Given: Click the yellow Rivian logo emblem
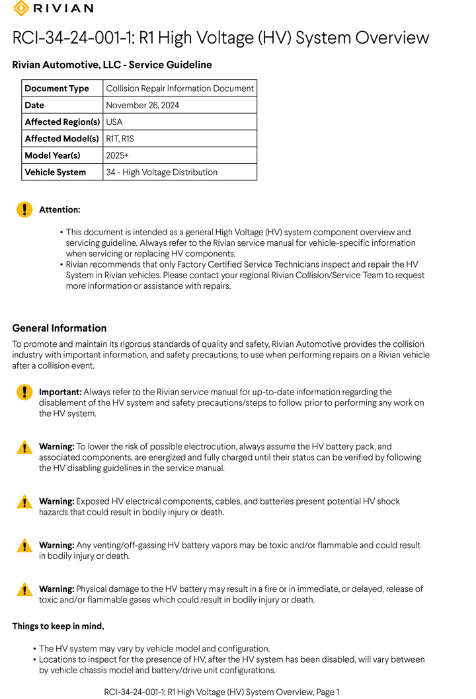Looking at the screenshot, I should [x=21, y=8].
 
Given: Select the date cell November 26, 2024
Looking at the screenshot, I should [x=142, y=105].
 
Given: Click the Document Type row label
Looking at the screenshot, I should [x=57, y=89].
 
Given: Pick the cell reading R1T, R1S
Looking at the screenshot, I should [x=120, y=139].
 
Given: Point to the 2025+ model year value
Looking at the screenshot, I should [x=117, y=155].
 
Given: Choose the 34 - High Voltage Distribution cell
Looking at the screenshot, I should [x=161, y=172].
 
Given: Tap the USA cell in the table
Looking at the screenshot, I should [x=114, y=122].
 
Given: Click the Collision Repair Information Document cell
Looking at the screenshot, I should [x=180, y=89].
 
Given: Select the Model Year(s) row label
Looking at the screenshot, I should [x=52, y=155].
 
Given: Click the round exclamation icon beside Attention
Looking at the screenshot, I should [x=24, y=210].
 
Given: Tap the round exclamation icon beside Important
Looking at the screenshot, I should [x=24, y=392].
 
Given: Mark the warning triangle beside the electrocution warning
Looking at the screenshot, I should [x=24, y=447].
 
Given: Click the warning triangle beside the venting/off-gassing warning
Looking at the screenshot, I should [x=24, y=545].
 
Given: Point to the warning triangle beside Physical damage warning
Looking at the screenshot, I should [x=24, y=589].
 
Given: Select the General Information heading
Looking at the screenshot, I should [x=59, y=328].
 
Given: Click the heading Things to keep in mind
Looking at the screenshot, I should [x=58, y=626].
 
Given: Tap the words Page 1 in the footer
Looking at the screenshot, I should [x=327, y=692].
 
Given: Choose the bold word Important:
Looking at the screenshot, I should [x=60, y=392].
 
